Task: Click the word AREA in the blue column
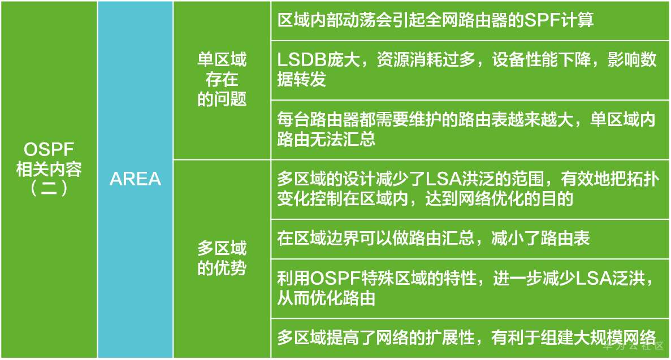tap(135, 179)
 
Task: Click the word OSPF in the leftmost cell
tap(50, 150)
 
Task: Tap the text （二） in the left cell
tap(50, 188)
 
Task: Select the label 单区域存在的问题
tap(222, 80)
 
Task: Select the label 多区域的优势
tap(222, 258)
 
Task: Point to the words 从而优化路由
tap(326, 298)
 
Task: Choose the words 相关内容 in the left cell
tap(50, 169)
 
